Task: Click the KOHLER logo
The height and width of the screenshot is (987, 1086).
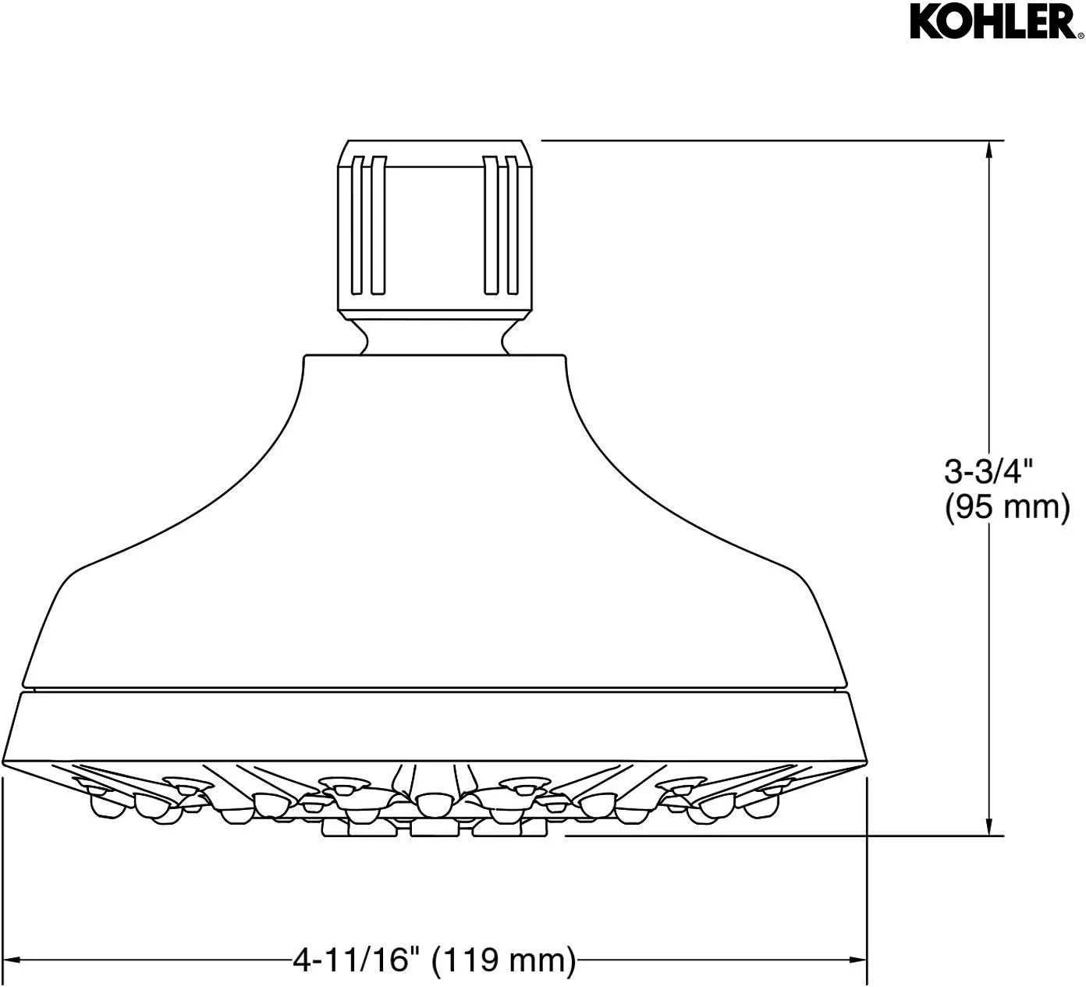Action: point(992,23)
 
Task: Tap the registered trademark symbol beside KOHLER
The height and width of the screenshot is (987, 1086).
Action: point(1079,35)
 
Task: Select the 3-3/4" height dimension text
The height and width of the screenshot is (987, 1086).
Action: point(988,471)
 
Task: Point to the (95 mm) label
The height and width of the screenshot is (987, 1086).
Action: point(1006,507)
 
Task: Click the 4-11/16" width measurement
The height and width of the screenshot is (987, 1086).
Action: point(351,959)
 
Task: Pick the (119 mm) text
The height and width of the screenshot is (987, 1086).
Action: point(504,959)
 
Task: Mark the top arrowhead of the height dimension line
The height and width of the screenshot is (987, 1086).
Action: point(990,149)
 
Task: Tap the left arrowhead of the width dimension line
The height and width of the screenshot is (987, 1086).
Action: point(14,959)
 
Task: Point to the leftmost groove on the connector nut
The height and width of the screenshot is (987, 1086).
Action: point(357,226)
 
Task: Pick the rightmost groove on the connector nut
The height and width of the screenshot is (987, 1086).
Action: point(512,226)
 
